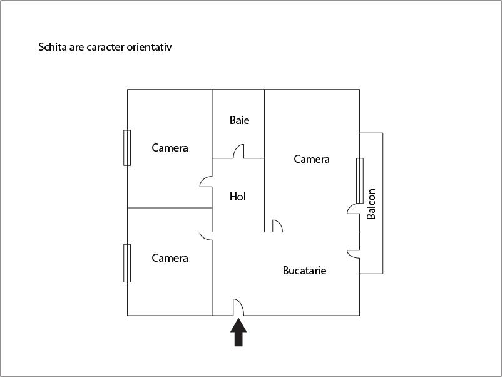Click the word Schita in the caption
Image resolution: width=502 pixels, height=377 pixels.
pos(53,47)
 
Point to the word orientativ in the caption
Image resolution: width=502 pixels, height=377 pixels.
pos(150,47)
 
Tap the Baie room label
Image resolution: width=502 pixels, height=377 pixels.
pos(239,120)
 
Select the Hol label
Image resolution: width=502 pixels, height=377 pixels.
pos(238,197)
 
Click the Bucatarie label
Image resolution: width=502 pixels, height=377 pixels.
pos(305,271)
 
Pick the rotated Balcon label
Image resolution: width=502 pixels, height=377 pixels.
pos(372,204)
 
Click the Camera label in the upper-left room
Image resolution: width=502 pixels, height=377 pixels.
pos(170,148)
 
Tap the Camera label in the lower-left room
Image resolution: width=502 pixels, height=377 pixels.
pos(170,257)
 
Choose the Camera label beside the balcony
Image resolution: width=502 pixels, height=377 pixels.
pos(312,159)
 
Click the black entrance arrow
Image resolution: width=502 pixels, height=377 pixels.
pos(238,332)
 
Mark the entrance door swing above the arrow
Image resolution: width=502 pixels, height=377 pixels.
pos(238,307)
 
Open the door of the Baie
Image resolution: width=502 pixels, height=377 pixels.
pos(238,152)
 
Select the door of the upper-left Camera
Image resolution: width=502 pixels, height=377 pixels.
pos(207,182)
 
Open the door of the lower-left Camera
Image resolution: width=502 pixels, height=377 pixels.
pos(207,235)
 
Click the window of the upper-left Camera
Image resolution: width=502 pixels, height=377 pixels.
pos(127,148)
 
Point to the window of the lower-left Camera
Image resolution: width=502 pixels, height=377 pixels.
pos(127,263)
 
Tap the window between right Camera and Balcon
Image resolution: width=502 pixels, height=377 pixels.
pos(359,180)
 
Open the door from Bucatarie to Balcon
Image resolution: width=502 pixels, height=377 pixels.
pos(354,253)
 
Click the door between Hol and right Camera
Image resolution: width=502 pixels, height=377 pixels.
pos(277,226)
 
